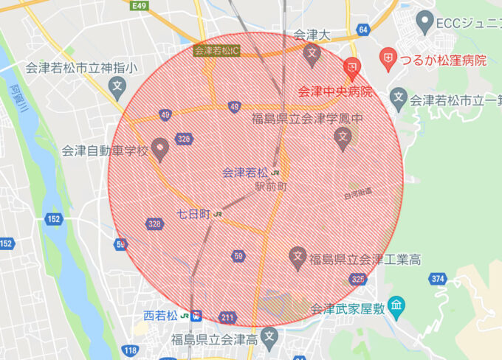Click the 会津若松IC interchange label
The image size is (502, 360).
pyautogui.click(x=216, y=51)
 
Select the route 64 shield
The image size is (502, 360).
pyautogui.click(x=362, y=29)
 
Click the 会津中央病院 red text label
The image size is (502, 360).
pyautogui.click(x=335, y=92)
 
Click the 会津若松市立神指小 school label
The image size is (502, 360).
pyautogui.click(x=81, y=69)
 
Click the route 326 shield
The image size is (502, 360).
pyautogui.click(x=184, y=139)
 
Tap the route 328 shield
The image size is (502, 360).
pyautogui.click(x=154, y=224)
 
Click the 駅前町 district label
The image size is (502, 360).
pyautogui.click(x=271, y=187)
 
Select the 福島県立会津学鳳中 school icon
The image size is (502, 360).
pyautogui.click(x=342, y=136)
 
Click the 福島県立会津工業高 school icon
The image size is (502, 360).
pyautogui.click(x=298, y=257)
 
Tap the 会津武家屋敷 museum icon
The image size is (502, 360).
pyautogui.click(x=396, y=304)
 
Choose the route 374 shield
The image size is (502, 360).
pyautogui.click(x=438, y=278)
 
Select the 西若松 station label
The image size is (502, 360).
pyautogui.click(x=160, y=316)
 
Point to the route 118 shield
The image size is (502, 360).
pyautogui.click(x=131, y=350)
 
